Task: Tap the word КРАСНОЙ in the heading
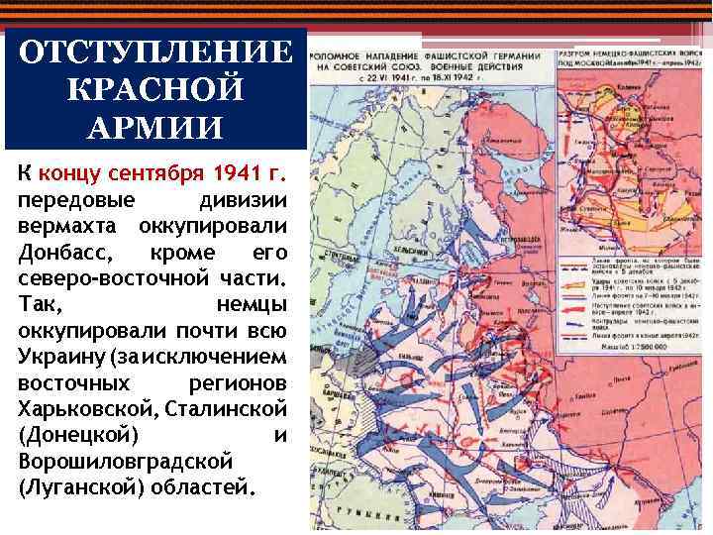[155, 91]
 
